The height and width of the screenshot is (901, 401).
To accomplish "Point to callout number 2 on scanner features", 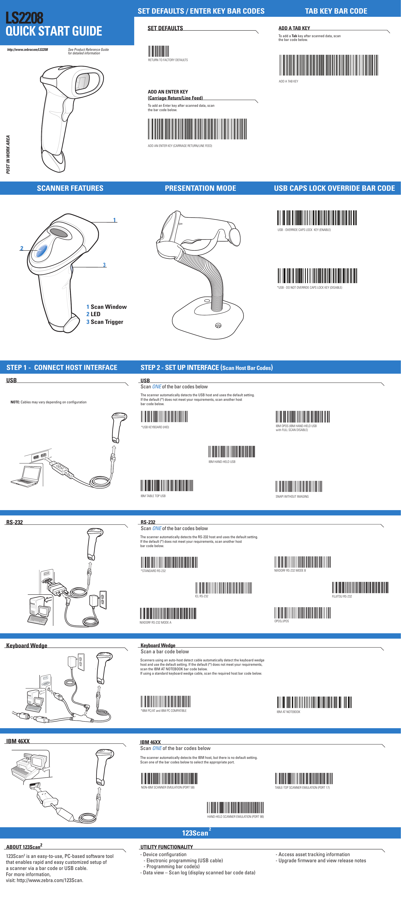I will tap(22, 248).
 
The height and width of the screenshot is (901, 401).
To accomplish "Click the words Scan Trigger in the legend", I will tap(107, 322).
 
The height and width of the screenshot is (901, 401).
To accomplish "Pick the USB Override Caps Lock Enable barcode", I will tap(317, 217).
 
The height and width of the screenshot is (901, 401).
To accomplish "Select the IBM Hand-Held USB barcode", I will tap(232, 452).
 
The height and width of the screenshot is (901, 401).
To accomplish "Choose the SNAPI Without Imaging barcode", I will tap(298, 486).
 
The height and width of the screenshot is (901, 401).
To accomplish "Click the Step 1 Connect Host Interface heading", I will tap(62, 367).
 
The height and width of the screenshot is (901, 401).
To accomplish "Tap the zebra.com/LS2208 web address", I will tap(27, 50).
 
